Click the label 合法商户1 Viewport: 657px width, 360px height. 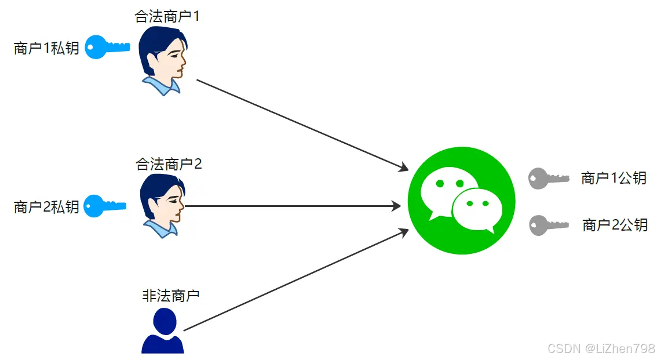tap(167, 16)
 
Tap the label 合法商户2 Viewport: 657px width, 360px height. tap(168, 164)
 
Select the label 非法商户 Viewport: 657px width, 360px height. tap(170, 295)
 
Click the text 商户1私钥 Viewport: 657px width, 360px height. tap(46, 48)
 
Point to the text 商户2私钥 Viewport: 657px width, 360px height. tap(46, 207)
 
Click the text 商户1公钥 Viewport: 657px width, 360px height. tap(614, 179)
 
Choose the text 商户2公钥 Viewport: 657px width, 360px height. tap(615, 225)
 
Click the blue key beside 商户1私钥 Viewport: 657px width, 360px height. tap(107, 48)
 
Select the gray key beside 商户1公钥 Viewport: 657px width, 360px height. tap(548, 179)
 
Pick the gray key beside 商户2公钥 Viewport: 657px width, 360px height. tap(548, 225)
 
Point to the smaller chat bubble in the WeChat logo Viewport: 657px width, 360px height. tap(477, 208)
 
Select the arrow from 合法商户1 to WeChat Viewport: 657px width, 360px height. tap(301, 124)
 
